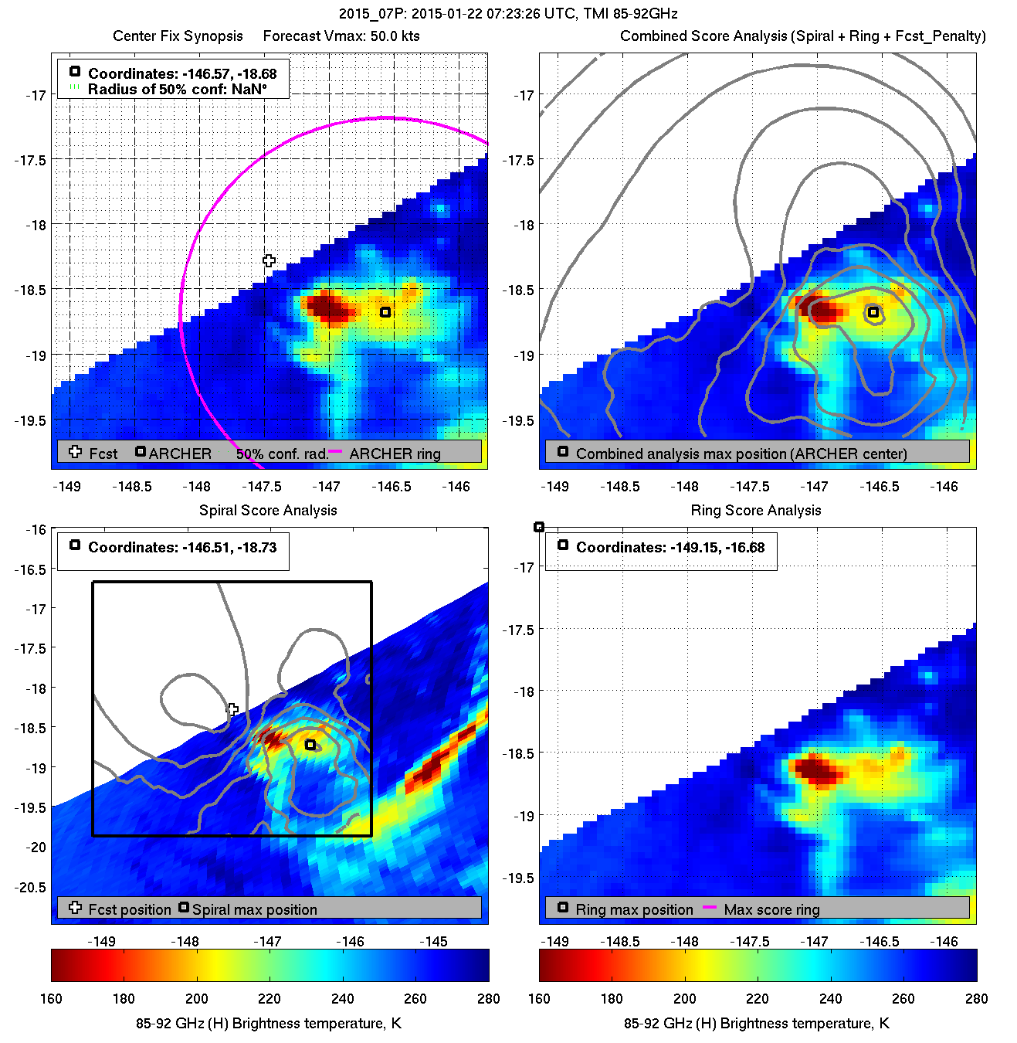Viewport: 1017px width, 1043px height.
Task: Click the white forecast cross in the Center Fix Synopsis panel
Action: point(269,261)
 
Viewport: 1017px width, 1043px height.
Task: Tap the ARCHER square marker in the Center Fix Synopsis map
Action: point(385,312)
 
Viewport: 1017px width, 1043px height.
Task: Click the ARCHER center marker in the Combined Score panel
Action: point(873,312)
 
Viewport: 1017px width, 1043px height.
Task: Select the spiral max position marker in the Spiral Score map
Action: point(310,745)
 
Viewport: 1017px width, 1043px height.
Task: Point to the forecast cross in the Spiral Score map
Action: point(232,709)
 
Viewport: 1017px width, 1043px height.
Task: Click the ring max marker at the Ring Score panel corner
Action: point(539,527)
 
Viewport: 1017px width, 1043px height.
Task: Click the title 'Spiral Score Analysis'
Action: point(268,511)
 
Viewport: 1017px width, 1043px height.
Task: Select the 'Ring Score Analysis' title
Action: point(755,511)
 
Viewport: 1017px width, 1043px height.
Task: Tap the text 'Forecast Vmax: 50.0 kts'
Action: point(341,36)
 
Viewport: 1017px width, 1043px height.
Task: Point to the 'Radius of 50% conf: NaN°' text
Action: point(177,90)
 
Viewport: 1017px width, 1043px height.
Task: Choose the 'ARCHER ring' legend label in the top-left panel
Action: point(395,454)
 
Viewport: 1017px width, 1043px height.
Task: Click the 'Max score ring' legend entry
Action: point(771,910)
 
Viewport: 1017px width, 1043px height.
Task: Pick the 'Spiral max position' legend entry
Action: point(254,910)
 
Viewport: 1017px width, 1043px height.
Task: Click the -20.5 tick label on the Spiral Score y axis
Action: point(31,887)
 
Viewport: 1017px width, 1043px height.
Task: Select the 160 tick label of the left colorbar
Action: point(51,999)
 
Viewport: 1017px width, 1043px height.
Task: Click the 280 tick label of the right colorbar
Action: point(976,999)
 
